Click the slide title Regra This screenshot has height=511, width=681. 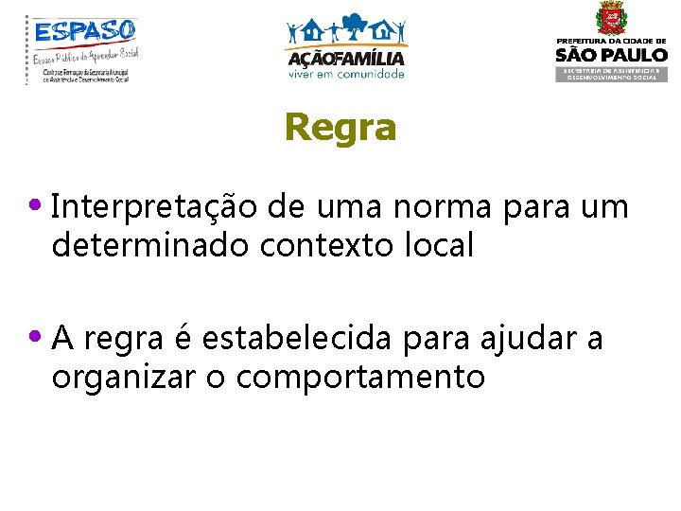[x=340, y=127]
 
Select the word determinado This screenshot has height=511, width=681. [x=150, y=245]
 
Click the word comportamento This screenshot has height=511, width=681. [x=361, y=378]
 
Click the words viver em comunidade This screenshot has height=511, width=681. [x=345, y=74]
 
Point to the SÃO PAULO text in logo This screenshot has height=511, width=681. [x=610, y=55]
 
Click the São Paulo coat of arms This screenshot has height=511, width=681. [x=610, y=19]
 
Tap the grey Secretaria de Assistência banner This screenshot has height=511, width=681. [x=610, y=74]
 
